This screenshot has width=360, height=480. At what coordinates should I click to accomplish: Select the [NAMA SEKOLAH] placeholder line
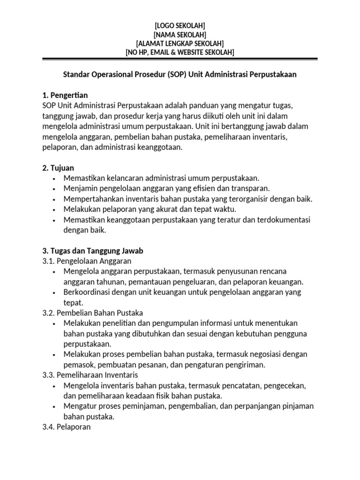coord(180,34)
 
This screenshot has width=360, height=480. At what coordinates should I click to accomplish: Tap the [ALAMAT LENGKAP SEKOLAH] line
coord(180,43)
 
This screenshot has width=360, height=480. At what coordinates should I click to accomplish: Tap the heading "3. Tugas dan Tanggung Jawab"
coord(93,251)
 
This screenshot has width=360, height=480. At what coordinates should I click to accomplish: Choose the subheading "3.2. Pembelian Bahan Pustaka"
coord(93,313)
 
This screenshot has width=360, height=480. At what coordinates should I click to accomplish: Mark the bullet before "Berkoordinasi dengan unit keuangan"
coord(55,292)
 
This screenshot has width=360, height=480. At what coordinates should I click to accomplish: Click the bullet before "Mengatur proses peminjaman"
coord(55,406)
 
